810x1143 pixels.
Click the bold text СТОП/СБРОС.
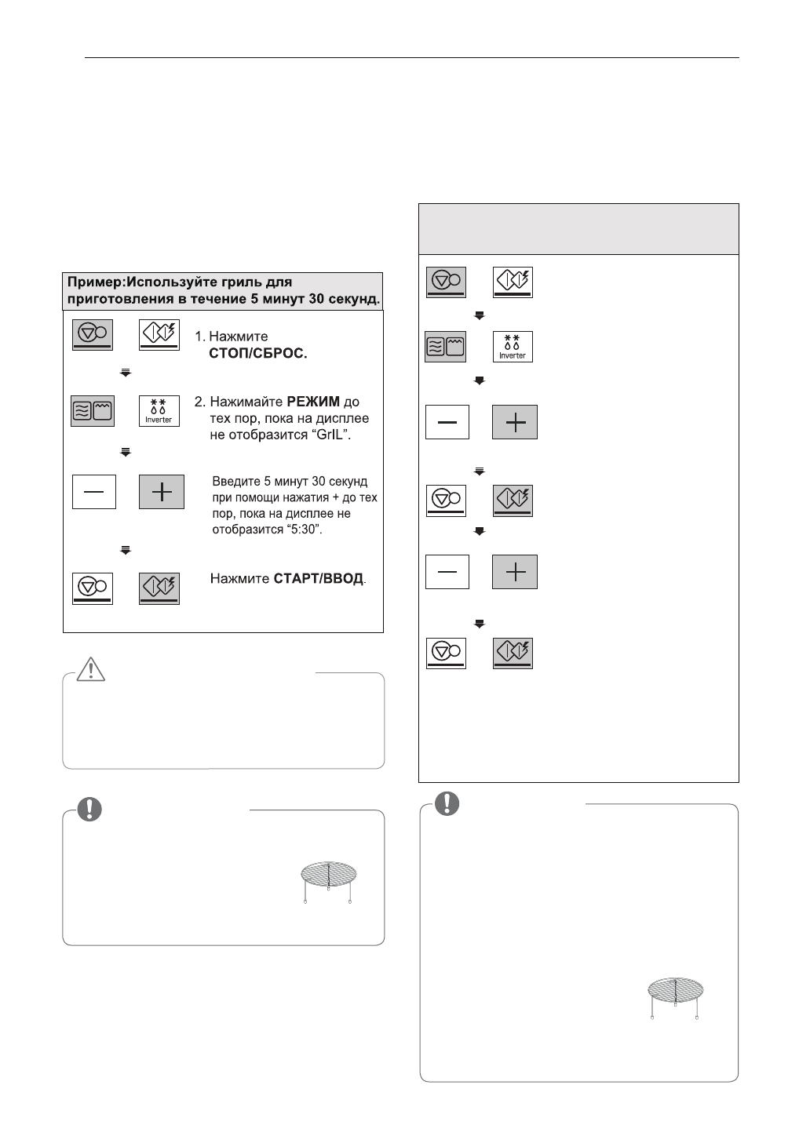click(x=258, y=354)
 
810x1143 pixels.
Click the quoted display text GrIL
click(x=328, y=435)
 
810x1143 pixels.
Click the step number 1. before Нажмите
click(x=200, y=337)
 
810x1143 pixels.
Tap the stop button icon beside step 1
click(x=93, y=335)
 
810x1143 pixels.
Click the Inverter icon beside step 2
click(x=159, y=411)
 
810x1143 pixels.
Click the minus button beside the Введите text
click(x=94, y=492)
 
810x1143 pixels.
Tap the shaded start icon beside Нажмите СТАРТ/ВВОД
click(x=159, y=588)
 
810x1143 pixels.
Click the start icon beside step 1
click(x=159, y=335)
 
